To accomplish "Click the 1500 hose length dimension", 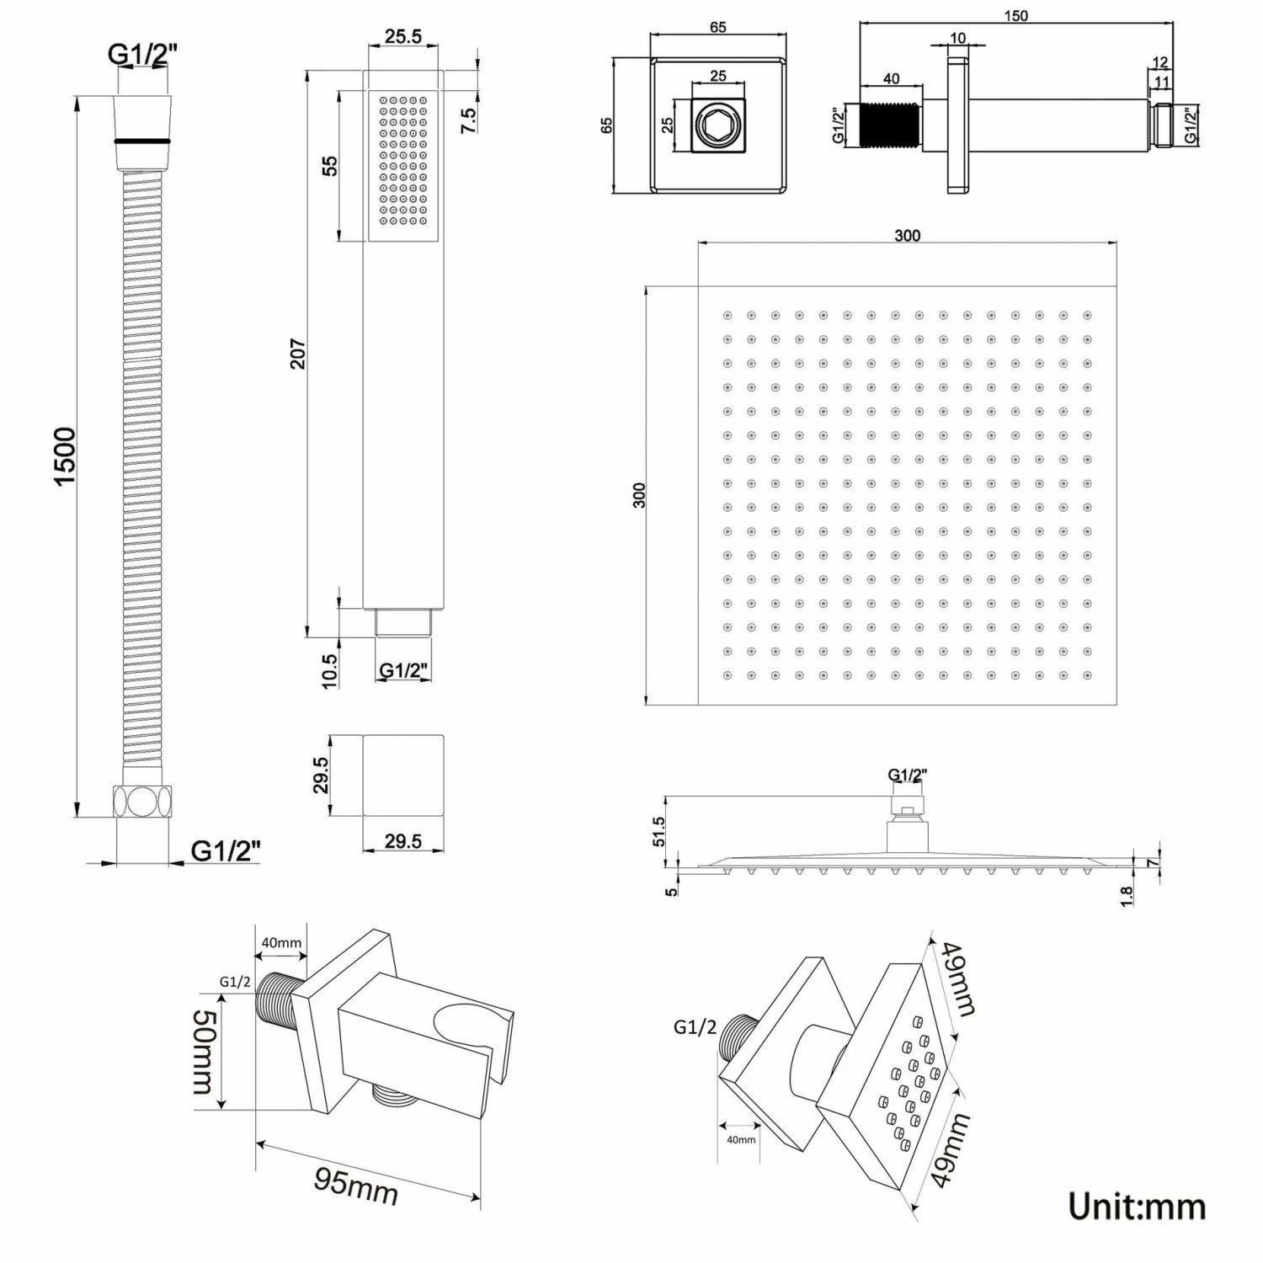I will click(65, 456).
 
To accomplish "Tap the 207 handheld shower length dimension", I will click(297, 353).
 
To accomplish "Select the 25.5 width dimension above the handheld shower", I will click(403, 36).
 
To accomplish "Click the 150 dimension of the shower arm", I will click(1015, 16).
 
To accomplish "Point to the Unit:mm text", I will click(1137, 1207).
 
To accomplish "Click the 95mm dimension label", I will click(356, 1186).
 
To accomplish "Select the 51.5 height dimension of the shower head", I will click(658, 831).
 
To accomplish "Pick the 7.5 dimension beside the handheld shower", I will click(469, 120).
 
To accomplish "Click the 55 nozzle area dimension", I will click(329, 165).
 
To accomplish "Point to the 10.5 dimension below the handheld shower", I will click(329, 671).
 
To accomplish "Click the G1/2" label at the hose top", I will click(142, 53).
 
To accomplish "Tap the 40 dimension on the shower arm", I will click(891, 79).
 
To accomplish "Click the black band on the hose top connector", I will click(142, 141).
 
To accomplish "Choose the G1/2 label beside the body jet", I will click(695, 1027).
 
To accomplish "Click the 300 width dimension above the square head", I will click(907, 236).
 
